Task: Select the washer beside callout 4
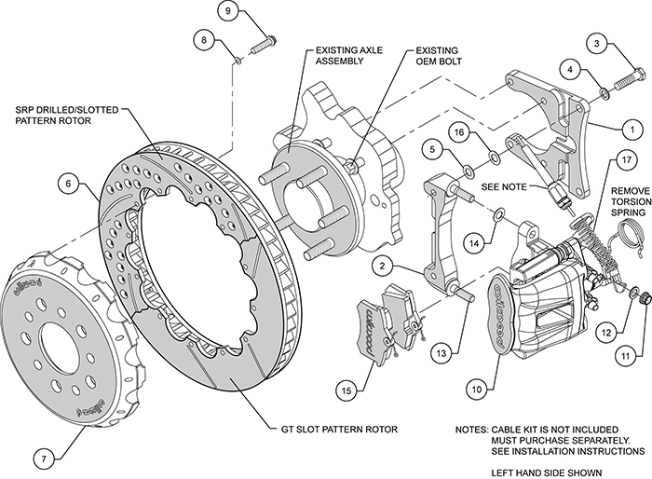(x=603, y=92)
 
